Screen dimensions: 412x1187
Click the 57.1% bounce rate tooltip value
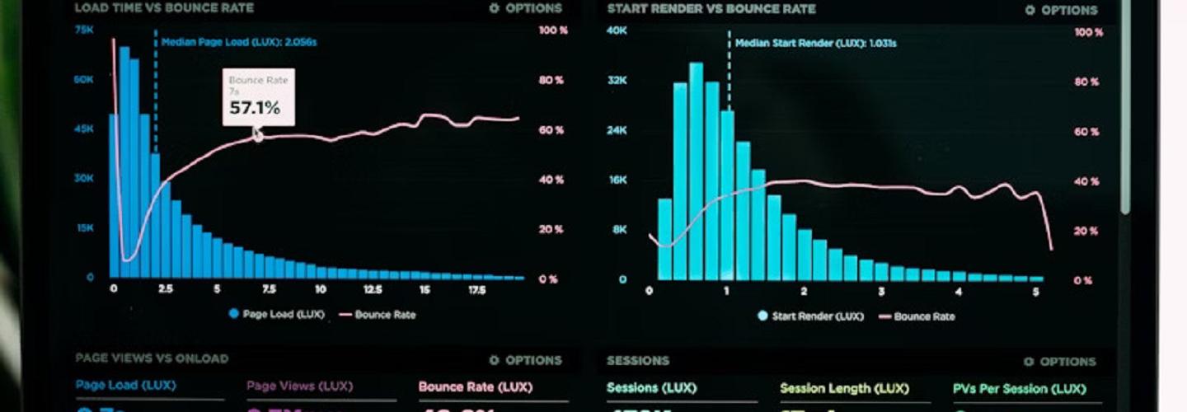point(255,108)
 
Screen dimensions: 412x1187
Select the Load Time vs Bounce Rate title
point(164,8)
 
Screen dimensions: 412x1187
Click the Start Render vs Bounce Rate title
point(711,9)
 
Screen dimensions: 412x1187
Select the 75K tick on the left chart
point(83,30)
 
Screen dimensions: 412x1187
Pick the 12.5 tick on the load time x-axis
point(372,289)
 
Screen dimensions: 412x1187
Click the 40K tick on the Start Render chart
point(617,31)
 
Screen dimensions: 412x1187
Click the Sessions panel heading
point(638,361)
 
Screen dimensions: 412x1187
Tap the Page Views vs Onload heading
point(152,358)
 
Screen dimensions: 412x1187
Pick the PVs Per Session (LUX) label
point(1020,388)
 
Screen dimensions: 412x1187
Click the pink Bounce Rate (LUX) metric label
point(476,386)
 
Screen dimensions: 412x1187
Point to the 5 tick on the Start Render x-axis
point(1035,291)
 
